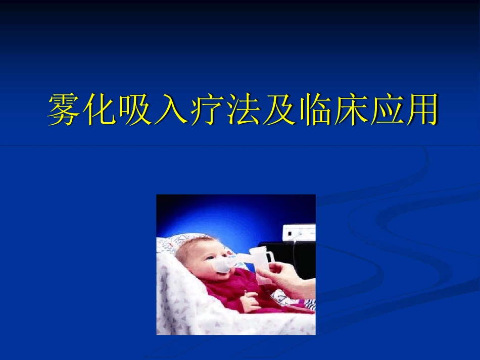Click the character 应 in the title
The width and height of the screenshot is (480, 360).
coord(385,109)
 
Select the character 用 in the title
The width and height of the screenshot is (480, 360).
coord(420,109)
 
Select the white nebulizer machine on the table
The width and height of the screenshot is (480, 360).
coord(299,233)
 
